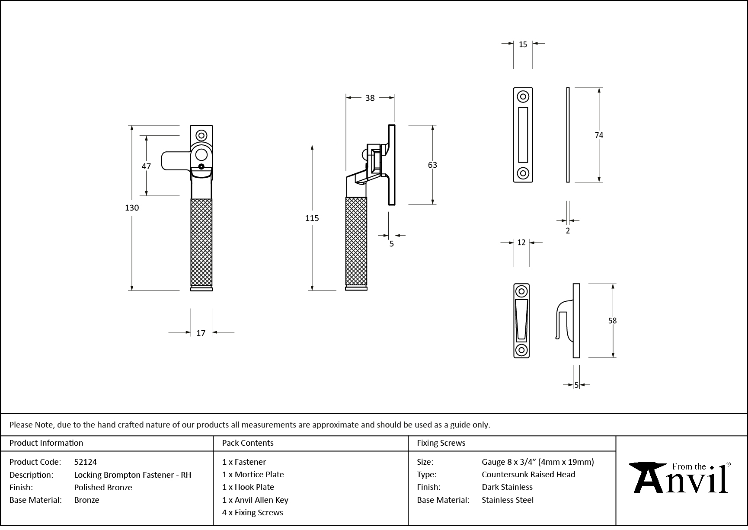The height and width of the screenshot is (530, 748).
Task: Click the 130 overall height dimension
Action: click(132, 208)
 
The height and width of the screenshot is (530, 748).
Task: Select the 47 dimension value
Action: click(146, 166)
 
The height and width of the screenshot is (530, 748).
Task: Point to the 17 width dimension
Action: click(201, 333)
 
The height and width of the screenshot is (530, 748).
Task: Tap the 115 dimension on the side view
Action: click(312, 218)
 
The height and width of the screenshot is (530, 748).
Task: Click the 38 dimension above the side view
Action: click(370, 98)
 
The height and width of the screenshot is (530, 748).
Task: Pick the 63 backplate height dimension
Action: click(432, 165)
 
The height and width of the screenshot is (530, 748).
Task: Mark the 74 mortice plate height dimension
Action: click(598, 135)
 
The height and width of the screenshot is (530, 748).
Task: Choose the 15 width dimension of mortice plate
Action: click(523, 45)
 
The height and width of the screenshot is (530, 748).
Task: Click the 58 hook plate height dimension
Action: click(612, 321)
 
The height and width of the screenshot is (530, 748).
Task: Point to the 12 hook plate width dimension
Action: click(521, 243)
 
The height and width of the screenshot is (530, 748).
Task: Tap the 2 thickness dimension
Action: click(568, 231)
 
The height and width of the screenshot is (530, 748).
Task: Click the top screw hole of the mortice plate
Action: click(523, 96)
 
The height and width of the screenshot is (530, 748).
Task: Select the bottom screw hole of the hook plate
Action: click(521, 350)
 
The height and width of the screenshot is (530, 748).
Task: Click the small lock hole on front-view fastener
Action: click(201, 166)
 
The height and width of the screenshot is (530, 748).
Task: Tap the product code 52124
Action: click(86, 462)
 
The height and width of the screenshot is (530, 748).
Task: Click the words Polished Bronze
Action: click(103, 487)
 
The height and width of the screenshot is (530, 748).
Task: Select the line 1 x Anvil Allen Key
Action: click(255, 500)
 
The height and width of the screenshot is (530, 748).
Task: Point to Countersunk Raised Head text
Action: click(528, 474)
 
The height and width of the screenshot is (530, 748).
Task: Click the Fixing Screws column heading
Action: click(441, 443)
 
